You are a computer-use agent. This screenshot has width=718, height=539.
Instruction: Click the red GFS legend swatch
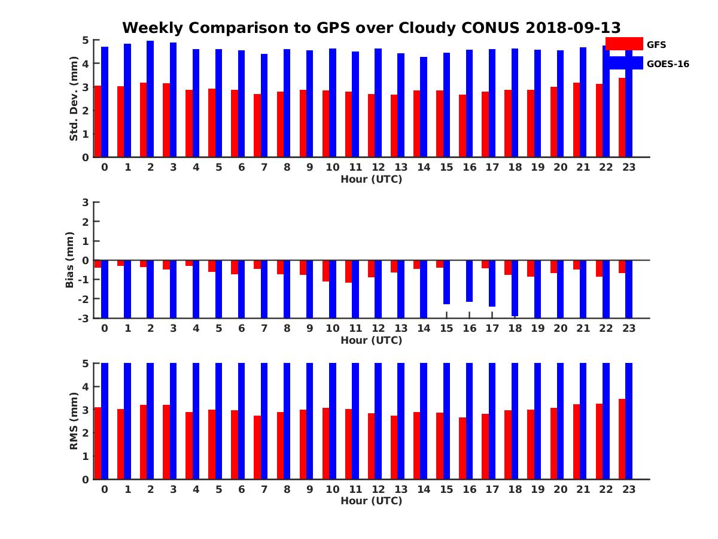[623, 44]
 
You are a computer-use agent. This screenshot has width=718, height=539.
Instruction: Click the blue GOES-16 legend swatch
[623, 63]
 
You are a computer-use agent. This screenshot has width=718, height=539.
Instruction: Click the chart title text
[371, 28]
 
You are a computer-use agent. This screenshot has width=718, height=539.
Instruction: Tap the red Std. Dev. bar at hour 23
[622, 117]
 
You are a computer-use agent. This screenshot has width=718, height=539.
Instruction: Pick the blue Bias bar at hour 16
[469, 281]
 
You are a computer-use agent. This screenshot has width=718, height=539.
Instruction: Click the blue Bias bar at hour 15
[446, 282]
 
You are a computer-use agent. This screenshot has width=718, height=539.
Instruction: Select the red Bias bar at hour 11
[348, 271]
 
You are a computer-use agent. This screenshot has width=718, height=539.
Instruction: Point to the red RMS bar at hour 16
[462, 448]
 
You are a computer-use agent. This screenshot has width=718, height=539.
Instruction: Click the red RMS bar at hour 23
[622, 439]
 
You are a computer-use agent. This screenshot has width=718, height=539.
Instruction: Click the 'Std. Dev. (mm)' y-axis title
[74, 99]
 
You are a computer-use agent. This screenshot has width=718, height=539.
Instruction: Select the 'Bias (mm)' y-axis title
[70, 260]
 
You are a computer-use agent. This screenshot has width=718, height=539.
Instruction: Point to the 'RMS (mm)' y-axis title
[74, 421]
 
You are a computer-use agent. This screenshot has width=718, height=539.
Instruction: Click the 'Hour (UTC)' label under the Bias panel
[371, 340]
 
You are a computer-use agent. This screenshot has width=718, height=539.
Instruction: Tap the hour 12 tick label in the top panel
[378, 167]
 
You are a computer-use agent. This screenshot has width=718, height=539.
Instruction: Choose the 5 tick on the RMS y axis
[85, 363]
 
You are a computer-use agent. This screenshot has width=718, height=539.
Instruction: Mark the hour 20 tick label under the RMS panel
[560, 489]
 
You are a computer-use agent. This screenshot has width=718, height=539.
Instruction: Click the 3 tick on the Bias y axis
[85, 202]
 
